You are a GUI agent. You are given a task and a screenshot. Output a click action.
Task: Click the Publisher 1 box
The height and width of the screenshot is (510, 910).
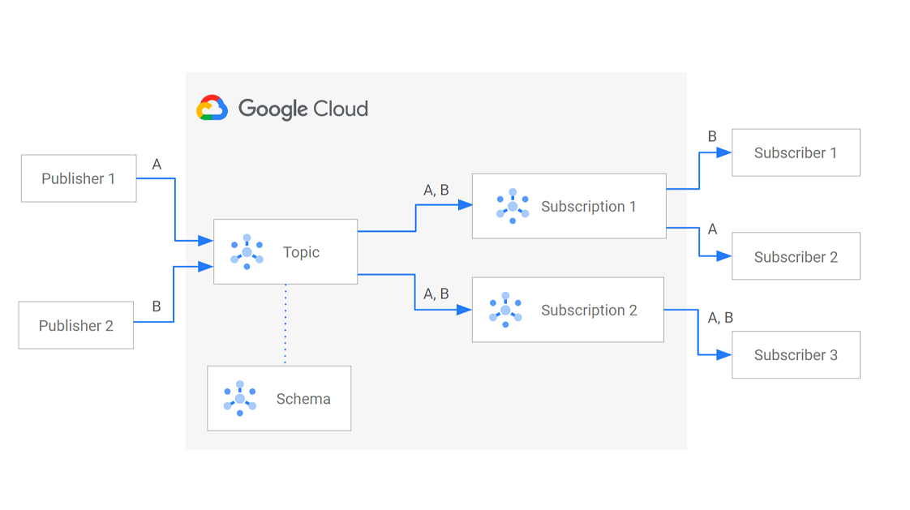[79, 178]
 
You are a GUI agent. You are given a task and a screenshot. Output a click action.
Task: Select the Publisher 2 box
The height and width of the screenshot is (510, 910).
[76, 325]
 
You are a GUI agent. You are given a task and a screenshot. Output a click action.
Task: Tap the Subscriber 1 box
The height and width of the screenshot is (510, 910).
[796, 152]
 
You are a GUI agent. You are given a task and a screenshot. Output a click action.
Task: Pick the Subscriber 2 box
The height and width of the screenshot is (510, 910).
[796, 256]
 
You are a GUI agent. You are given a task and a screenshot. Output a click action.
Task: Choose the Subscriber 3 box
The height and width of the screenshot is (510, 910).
[796, 354]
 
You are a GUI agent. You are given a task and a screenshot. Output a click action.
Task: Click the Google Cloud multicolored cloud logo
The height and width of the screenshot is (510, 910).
[212, 108]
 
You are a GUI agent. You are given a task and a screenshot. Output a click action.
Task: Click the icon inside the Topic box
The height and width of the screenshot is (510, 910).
[247, 251]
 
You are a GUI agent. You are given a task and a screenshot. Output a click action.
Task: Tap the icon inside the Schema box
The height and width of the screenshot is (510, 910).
[240, 398]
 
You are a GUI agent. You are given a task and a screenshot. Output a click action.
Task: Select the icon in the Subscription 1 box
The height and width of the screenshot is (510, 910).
[513, 206]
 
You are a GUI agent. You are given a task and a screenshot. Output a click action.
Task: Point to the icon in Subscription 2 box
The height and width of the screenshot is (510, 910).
[505, 310]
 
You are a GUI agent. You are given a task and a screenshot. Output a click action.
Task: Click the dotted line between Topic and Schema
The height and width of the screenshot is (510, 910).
[285, 324]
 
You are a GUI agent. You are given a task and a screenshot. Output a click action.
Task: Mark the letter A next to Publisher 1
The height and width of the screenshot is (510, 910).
[157, 165]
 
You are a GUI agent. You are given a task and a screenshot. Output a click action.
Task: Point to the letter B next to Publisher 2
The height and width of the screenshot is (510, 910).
[157, 306]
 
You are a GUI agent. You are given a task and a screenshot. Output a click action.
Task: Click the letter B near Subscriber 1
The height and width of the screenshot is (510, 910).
[712, 136]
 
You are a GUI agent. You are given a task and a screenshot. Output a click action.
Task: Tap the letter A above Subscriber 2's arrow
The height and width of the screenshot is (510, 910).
[712, 229]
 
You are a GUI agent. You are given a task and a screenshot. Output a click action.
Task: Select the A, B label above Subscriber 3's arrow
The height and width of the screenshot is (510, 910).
[720, 318]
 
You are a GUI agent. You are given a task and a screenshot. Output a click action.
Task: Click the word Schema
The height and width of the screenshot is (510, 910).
[303, 398]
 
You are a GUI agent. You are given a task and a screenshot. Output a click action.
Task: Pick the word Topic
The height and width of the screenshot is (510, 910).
[301, 252]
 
